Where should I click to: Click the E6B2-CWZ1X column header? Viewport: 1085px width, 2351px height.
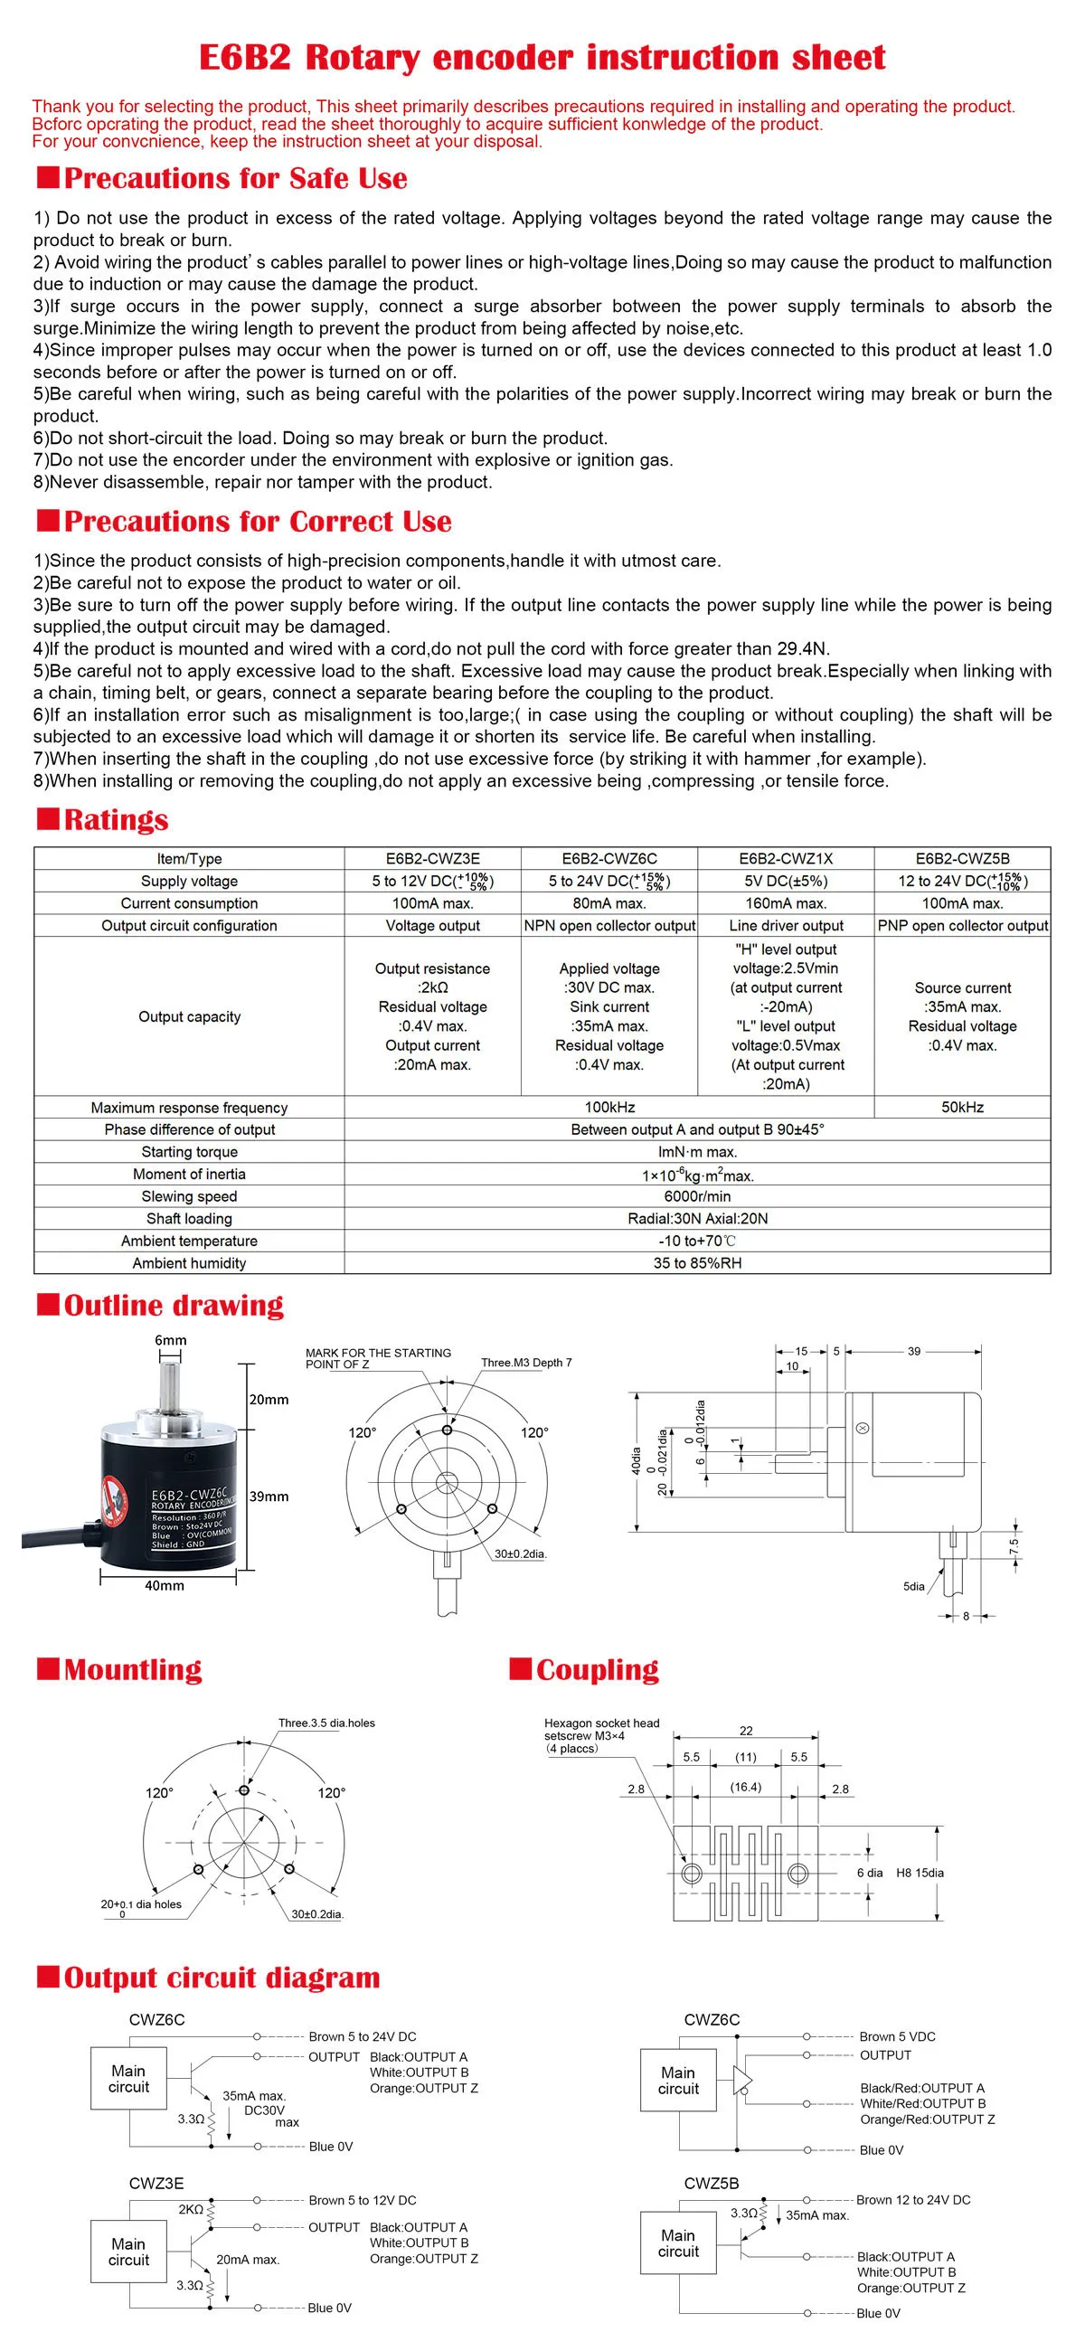785,858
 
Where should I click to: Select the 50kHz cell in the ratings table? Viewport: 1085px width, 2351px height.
962,1107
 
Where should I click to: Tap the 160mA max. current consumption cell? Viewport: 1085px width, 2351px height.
785,902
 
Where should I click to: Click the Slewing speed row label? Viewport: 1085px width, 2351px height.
189,1196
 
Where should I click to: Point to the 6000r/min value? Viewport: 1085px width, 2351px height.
697,1196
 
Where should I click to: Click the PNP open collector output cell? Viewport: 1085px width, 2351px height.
962,925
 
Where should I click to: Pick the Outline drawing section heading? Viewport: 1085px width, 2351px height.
174,1305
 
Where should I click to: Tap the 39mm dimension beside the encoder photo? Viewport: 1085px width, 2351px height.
269,1497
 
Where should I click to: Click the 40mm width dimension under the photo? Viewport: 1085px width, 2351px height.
165,1585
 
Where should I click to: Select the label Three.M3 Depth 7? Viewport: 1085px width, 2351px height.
526,1363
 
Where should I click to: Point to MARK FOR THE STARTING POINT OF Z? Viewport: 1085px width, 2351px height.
378,1358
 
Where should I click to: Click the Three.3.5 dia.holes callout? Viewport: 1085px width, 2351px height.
326,1723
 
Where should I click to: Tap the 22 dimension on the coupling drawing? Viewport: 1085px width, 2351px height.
747,1731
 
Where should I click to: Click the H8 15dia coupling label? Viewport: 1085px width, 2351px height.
920,1873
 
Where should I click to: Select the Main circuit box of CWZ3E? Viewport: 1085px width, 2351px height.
128,2252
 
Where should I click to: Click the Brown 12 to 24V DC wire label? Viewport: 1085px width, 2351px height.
913,2199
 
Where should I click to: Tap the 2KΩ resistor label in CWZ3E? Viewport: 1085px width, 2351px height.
191,2210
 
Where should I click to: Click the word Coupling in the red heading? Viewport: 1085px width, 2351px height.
597,1669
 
